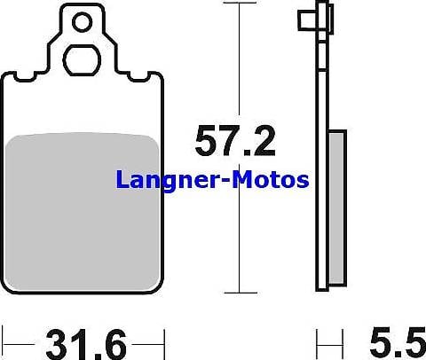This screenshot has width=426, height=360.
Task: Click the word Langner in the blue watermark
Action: pyautogui.click(x=170, y=181)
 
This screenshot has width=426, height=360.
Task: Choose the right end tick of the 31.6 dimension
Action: pyautogui.click(x=165, y=340)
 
